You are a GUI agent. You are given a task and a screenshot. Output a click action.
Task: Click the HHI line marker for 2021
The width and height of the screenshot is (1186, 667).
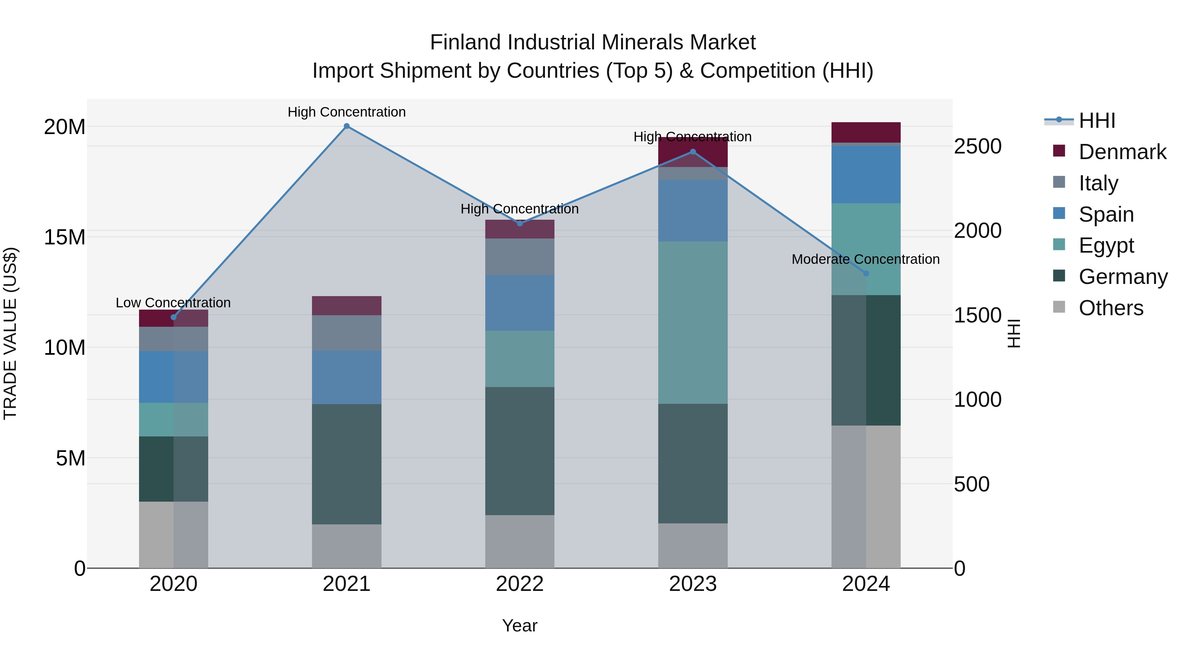tap(347, 126)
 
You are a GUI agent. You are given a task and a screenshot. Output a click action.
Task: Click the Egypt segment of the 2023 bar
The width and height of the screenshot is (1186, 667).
tap(692, 322)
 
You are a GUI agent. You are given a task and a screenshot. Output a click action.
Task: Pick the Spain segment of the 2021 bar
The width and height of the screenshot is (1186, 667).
tap(347, 377)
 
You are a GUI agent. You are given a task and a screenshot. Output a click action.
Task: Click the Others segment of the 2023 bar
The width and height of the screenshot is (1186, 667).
tap(692, 545)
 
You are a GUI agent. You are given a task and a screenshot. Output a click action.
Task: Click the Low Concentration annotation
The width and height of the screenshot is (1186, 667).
tap(173, 303)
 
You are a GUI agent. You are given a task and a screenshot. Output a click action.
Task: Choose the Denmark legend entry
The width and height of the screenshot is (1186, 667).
tap(1122, 152)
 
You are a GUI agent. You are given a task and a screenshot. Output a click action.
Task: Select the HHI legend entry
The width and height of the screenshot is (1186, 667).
tap(1097, 121)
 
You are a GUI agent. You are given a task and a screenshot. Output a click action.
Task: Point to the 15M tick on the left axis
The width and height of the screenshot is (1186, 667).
tap(65, 237)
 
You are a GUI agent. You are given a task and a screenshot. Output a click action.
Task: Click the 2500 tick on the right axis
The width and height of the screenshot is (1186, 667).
tap(977, 146)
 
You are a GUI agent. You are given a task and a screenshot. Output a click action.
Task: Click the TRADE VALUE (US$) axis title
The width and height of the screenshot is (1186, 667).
tap(10, 333)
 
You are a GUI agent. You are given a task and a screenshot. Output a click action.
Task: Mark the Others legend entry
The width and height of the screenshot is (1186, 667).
tap(1111, 308)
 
